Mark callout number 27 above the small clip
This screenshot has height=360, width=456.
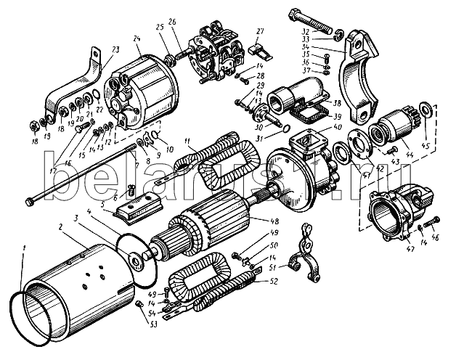259,31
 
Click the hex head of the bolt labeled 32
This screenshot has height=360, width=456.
299,15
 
